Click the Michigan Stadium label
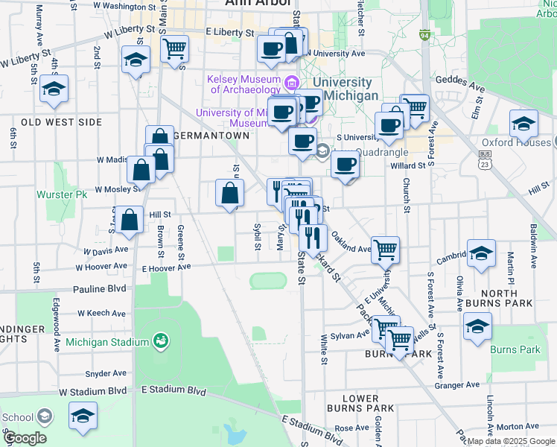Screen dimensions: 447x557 click(107, 343)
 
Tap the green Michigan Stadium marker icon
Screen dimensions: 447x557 click(159, 341)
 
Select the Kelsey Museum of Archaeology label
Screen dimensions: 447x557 click(244, 84)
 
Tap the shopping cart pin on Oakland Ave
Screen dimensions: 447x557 click(385, 250)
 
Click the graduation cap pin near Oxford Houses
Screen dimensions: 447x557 click(523, 124)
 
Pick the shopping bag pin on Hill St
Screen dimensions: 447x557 click(130, 221)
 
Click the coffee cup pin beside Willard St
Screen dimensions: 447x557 click(344, 165)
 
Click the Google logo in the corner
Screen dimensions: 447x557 click(25, 438)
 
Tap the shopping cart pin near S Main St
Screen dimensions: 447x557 click(174, 49)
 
